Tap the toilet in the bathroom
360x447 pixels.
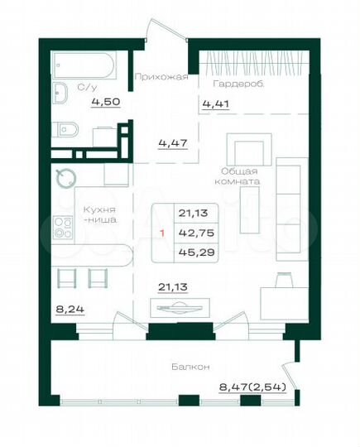click(x=65, y=128)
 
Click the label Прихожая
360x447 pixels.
click(x=161, y=76)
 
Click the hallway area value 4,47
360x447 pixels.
click(x=172, y=142)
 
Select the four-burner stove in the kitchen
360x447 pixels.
click(x=63, y=227)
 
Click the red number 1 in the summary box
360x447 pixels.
click(x=162, y=233)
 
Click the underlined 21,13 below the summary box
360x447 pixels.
click(x=171, y=287)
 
